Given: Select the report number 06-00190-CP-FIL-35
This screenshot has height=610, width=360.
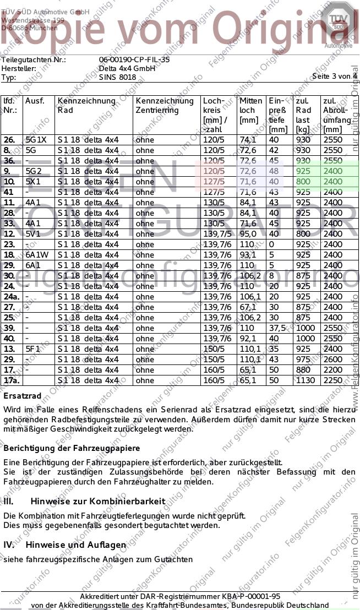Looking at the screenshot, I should [134, 59].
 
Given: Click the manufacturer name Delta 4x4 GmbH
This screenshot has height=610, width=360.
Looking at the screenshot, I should [123, 68].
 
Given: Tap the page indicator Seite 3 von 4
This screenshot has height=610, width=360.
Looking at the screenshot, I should [334, 76].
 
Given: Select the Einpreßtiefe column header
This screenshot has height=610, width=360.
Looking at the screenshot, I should [278, 114].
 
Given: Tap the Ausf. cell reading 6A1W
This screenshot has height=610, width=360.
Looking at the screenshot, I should [37, 255].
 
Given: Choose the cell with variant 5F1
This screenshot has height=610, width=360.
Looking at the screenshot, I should [34, 349].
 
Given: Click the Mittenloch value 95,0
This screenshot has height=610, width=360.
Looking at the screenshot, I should [248, 234].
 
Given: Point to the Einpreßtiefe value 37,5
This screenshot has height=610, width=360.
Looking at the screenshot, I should [278, 328].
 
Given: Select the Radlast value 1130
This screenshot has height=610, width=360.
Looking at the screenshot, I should [306, 380].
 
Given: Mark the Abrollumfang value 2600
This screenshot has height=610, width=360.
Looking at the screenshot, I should [333, 360].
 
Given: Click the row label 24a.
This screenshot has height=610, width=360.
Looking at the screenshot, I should [10, 297].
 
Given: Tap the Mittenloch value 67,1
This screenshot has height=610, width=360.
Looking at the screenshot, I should [248, 307].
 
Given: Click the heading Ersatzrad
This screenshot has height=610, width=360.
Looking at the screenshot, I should [22, 396].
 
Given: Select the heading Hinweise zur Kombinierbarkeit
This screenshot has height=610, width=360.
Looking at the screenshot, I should [97, 502].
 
